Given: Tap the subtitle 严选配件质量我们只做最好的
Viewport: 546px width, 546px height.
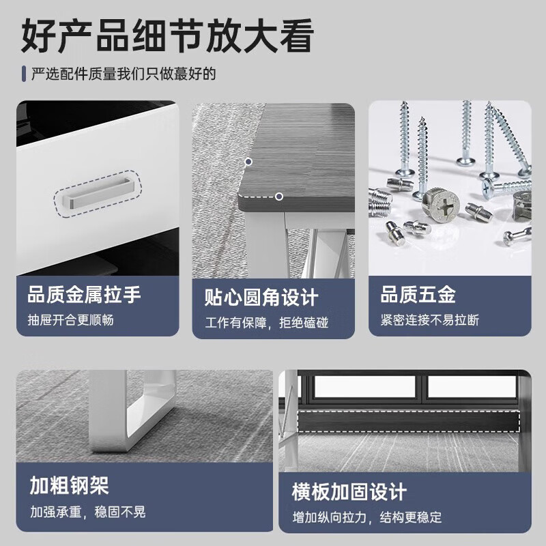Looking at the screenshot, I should (123, 74).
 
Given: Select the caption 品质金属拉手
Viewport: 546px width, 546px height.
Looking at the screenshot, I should (84, 295).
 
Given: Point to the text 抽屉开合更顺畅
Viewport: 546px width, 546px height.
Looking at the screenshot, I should (70, 319).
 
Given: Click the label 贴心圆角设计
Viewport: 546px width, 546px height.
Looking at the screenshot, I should (261, 298).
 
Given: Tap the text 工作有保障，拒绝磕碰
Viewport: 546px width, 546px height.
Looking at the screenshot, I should (267, 322).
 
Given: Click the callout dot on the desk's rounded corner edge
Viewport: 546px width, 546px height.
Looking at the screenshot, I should (278, 197).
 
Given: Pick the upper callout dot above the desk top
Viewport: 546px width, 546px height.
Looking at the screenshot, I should (248, 162).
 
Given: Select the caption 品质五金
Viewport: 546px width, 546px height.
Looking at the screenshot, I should (418, 295).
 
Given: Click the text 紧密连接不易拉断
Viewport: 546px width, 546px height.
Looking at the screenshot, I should (429, 319).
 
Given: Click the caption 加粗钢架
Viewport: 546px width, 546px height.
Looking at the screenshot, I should (69, 486).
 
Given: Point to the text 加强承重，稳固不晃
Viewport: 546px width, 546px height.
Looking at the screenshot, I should (87, 512).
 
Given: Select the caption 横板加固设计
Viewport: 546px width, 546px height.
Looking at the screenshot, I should (349, 491).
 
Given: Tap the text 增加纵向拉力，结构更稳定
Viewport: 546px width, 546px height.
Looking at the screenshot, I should (367, 517).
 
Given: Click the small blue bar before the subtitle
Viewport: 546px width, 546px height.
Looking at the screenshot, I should (24, 74).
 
